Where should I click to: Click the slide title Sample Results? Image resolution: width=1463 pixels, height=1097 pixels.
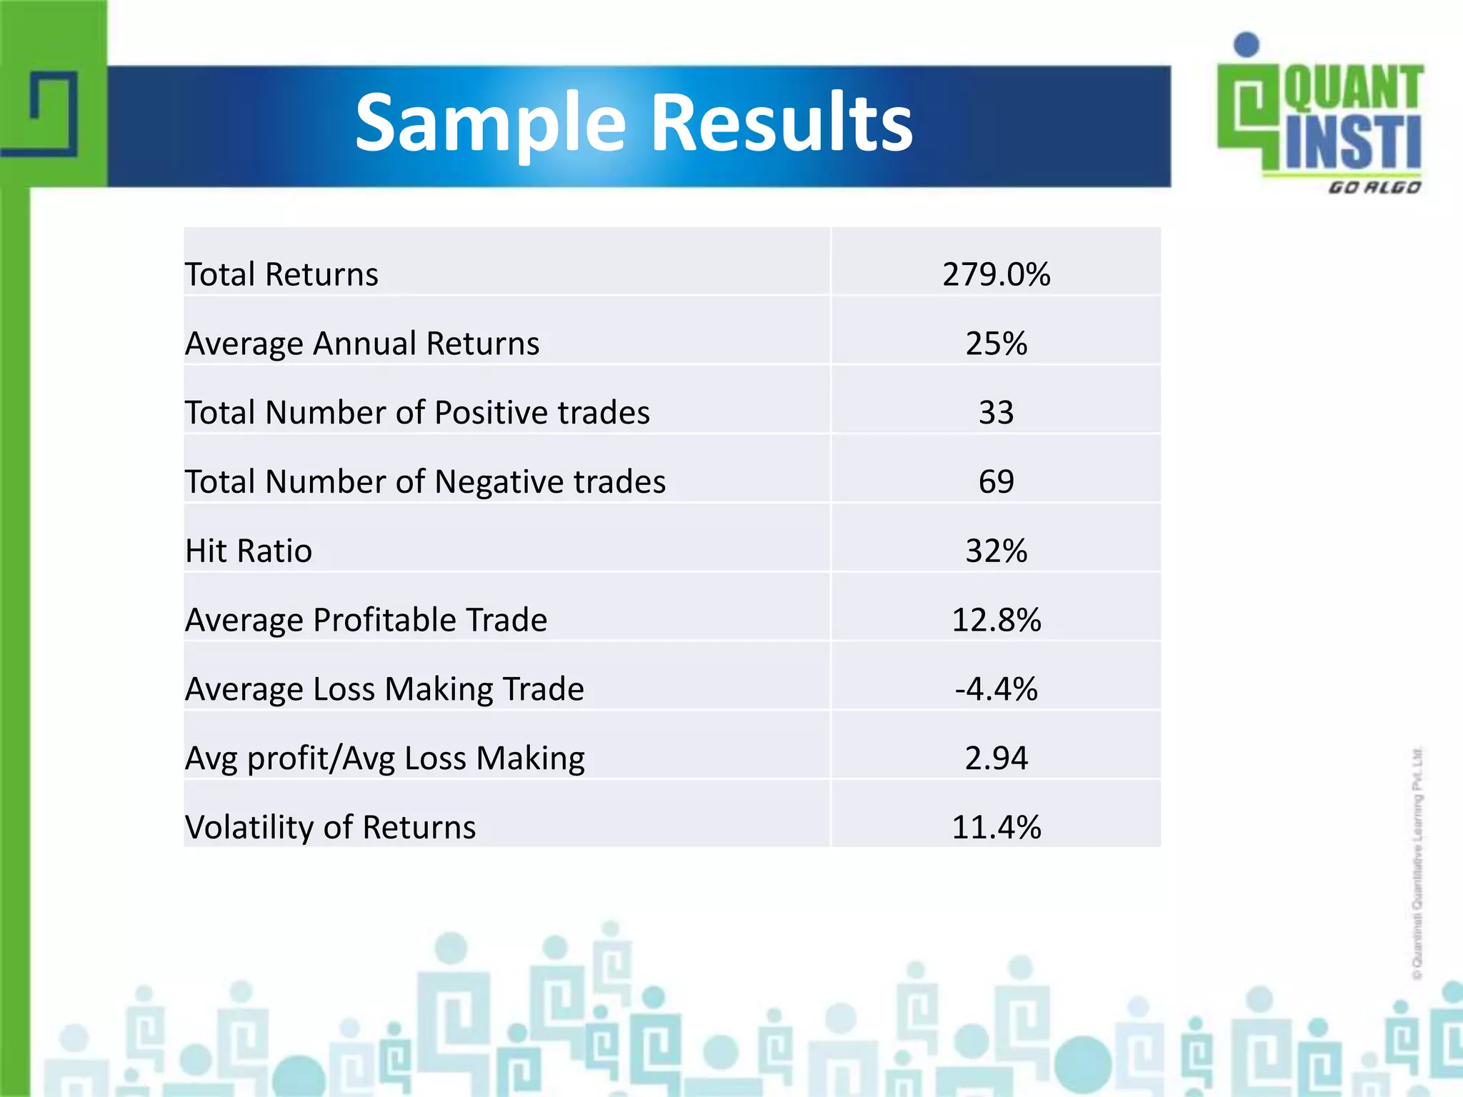point(634,124)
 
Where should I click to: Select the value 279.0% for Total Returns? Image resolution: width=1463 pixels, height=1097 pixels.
point(996,274)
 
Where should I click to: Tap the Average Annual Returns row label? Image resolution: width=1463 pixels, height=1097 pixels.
point(362,344)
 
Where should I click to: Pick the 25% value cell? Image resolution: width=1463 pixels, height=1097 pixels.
point(996,344)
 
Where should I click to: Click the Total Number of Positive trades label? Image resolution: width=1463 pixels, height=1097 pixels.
point(417,413)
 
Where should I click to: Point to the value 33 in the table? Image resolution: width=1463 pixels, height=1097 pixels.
point(996,413)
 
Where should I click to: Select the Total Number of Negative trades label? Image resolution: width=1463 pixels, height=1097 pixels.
point(425,482)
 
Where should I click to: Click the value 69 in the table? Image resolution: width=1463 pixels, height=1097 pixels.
point(996,482)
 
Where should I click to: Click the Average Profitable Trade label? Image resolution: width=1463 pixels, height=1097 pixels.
point(366,620)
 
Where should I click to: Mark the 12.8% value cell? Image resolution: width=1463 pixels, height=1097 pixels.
point(996,620)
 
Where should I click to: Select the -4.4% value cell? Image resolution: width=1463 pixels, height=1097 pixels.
point(996,689)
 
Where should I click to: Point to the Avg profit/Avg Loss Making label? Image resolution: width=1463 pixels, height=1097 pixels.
point(384,758)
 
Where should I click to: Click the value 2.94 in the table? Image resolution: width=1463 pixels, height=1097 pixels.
point(996,758)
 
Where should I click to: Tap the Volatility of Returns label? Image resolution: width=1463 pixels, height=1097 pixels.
point(330,828)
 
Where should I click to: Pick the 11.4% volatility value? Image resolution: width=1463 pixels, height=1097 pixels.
point(996,828)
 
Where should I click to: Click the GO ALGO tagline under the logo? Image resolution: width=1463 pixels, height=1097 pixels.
point(1374,188)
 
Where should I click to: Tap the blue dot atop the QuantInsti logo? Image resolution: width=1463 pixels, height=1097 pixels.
point(1247,44)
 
